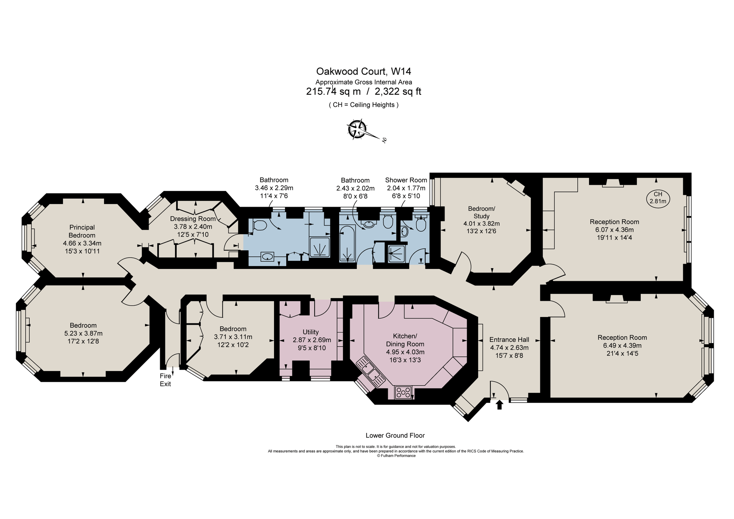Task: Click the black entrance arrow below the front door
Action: click(x=499, y=405)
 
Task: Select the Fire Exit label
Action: click(x=165, y=380)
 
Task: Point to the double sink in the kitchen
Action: click(x=372, y=372)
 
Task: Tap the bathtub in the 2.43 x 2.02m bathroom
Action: click(x=347, y=243)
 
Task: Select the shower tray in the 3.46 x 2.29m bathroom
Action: click(x=319, y=247)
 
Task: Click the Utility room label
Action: click(x=310, y=332)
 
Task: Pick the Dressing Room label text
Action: click(x=193, y=219)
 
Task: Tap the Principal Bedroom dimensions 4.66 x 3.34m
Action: click(x=82, y=243)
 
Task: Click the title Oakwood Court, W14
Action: click(x=364, y=71)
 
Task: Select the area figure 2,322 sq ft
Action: click(x=398, y=92)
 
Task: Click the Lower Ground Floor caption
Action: click(x=395, y=435)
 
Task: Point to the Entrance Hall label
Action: click(x=509, y=340)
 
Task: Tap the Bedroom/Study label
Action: click(x=481, y=212)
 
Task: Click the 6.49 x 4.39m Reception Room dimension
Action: click(x=622, y=345)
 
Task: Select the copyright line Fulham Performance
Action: click(x=396, y=456)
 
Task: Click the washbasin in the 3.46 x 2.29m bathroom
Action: click(x=267, y=256)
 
